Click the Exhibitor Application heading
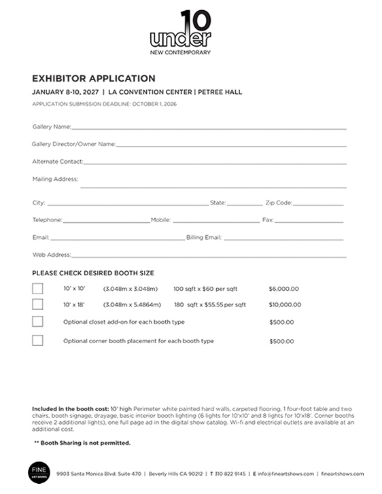click(x=94, y=78)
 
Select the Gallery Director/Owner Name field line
click(x=231, y=144)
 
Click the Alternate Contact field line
click(x=215, y=162)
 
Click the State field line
click(x=244, y=203)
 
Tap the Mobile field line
click(x=215, y=221)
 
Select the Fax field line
click(x=309, y=221)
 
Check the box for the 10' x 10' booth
click(x=37, y=288)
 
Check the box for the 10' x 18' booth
click(x=37, y=304)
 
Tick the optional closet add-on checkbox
click(x=37, y=321)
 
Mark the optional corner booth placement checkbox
click(x=37, y=340)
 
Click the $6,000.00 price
click(x=283, y=288)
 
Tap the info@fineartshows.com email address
click(x=285, y=474)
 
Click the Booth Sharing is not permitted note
click(x=82, y=443)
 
